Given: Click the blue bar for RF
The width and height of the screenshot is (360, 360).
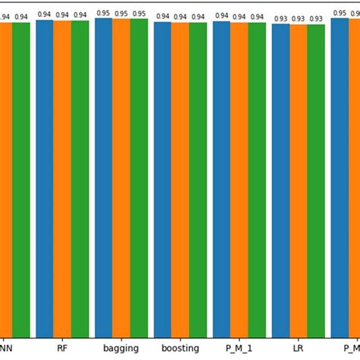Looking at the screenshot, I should click(x=44, y=178).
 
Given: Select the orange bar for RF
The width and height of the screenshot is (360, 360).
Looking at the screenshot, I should click(x=62, y=178).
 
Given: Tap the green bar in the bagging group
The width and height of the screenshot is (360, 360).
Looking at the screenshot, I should click(x=139, y=178).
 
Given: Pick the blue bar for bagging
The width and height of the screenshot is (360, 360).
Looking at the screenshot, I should click(x=103, y=178).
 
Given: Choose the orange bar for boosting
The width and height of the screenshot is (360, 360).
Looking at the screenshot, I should click(x=180, y=178).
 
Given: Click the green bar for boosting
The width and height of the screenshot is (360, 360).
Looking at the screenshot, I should click(x=197, y=178).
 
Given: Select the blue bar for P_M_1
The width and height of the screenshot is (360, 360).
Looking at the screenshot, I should click(x=221, y=178).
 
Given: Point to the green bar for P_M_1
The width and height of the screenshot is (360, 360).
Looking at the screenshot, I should click(x=257, y=178).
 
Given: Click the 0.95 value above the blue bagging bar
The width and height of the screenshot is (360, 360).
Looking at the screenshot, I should click(x=103, y=14).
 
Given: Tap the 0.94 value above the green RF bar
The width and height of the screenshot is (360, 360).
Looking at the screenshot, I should click(x=80, y=15).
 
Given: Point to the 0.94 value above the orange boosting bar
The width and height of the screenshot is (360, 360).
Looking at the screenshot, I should click(x=180, y=17).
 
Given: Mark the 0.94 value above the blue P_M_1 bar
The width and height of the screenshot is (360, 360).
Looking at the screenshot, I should click(x=221, y=16).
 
